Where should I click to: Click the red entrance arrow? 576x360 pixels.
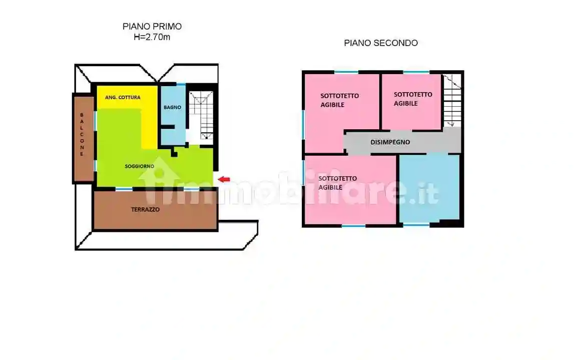(x=224, y=179)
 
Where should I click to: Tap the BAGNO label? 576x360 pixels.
(x=172, y=107)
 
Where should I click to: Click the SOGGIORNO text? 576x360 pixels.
(x=139, y=166)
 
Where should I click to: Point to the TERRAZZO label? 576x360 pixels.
(x=145, y=210)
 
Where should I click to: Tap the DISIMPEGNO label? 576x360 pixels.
(x=390, y=142)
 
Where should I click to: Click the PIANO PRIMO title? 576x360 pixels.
(x=152, y=27)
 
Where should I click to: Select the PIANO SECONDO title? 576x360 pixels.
(x=380, y=43)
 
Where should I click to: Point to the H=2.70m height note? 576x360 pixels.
(x=152, y=37)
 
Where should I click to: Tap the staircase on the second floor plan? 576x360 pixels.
(x=452, y=100)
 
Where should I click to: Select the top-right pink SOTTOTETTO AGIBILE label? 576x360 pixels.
(x=412, y=99)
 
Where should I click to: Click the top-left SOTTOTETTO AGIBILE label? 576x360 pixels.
(x=339, y=100)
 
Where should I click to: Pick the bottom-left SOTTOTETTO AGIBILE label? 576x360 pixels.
(x=337, y=183)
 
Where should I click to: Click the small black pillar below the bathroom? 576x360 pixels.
(x=174, y=152)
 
